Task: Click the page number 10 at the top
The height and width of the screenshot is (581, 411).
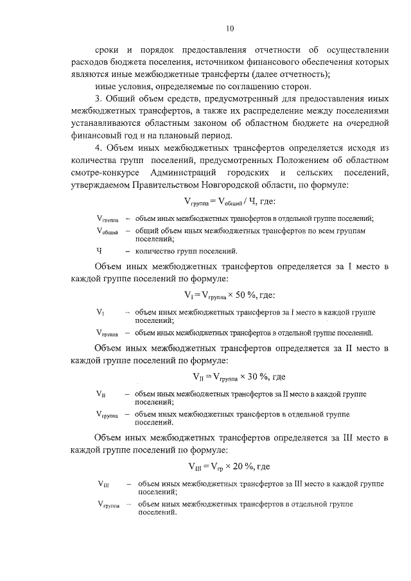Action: (x=230, y=28)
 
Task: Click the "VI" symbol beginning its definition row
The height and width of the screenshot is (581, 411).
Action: (x=100, y=312)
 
